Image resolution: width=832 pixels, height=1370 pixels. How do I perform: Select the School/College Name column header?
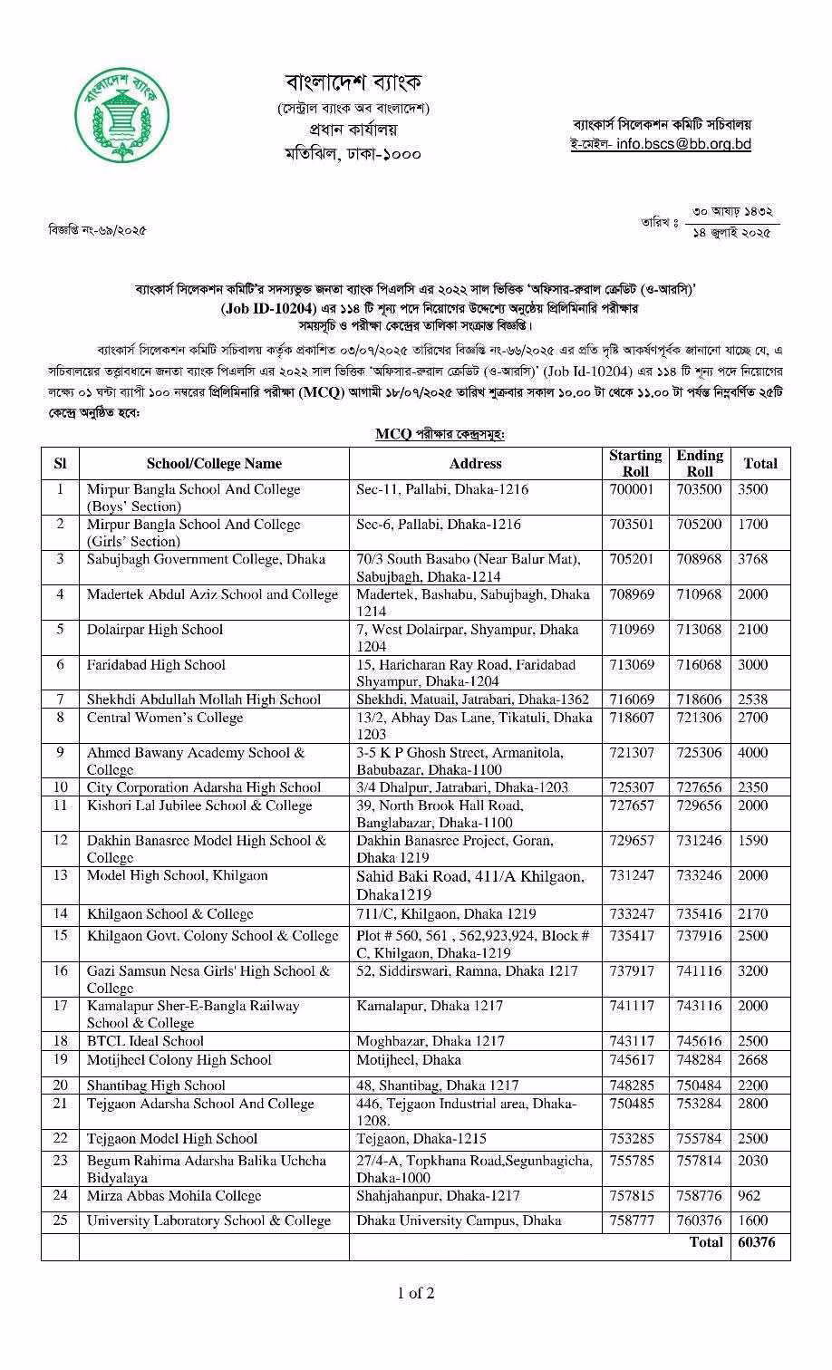pos(214,463)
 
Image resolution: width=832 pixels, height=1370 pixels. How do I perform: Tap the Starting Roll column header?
pos(634,463)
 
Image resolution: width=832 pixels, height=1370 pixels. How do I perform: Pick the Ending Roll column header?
pos(700,463)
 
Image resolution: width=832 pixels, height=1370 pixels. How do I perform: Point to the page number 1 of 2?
pos(416,1293)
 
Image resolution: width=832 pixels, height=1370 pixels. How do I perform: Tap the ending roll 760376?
pos(699,1220)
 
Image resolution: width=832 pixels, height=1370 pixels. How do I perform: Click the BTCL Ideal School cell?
pos(145,1041)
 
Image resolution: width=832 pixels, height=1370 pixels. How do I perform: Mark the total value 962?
pos(750,1196)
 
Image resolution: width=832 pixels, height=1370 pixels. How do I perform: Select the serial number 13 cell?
pos(60,875)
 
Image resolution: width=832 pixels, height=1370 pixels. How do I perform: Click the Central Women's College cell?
pos(165,718)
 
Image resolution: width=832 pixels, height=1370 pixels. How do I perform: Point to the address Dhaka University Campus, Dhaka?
pos(459,1220)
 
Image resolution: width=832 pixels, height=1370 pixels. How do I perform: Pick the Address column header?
pos(475,463)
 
